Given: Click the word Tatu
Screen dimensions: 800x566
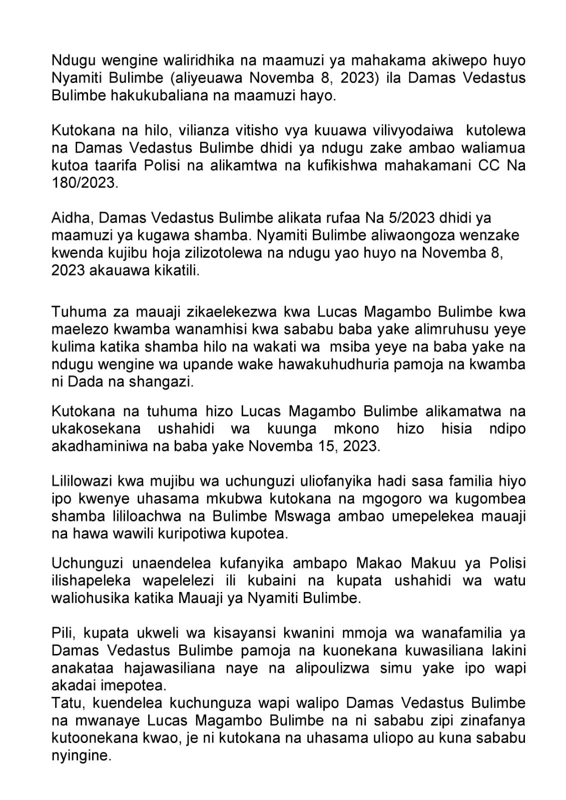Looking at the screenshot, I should [x=65, y=702].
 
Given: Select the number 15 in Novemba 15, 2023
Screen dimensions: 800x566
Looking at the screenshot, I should [x=317, y=446].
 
